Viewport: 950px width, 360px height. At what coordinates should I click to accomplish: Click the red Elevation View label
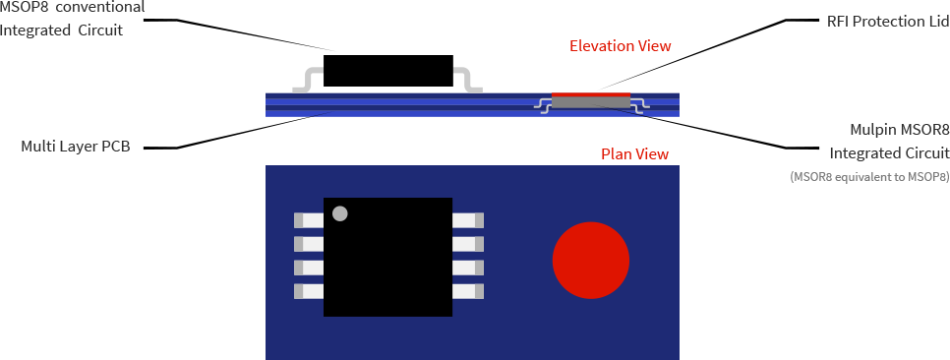[x=620, y=46]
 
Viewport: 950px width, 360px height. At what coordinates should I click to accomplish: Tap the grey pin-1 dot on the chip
[x=339, y=213]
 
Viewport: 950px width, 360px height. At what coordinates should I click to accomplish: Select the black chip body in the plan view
[x=387, y=261]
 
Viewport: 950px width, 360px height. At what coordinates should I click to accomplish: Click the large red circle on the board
[x=590, y=261]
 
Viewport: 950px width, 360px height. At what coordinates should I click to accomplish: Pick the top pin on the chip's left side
[x=309, y=220]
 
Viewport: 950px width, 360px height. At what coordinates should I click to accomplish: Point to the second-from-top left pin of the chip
[x=309, y=244]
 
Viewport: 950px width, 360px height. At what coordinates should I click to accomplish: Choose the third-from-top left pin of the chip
[x=309, y=268]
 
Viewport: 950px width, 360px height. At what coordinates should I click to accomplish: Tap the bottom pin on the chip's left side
[x=309, y=291]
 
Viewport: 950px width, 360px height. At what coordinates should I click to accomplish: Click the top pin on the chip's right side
[x=468, y=220]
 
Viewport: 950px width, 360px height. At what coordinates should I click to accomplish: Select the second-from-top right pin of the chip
[x=468, y=244]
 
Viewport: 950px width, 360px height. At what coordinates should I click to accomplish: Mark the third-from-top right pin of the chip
[x=468, y=268]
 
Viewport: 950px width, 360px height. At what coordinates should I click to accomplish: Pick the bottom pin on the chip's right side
[x=468, y=291]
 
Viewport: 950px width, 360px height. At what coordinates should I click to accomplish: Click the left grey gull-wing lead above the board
[x=308, y=80]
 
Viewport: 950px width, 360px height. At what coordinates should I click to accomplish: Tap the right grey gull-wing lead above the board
[x=468, y=80]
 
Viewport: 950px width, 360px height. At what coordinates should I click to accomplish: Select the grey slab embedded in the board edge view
[x=590, y=102]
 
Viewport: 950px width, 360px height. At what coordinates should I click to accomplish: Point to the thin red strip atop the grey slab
[x=590, y=94]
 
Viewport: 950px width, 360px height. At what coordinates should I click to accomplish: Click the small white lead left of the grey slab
[x=543, y=104]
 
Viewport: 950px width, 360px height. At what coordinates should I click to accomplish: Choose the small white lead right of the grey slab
[x=639, y=104]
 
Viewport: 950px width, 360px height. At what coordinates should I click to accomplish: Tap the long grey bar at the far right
[x=869, y=178]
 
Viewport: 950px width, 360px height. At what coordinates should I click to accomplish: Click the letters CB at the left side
[x=120, y=147]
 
